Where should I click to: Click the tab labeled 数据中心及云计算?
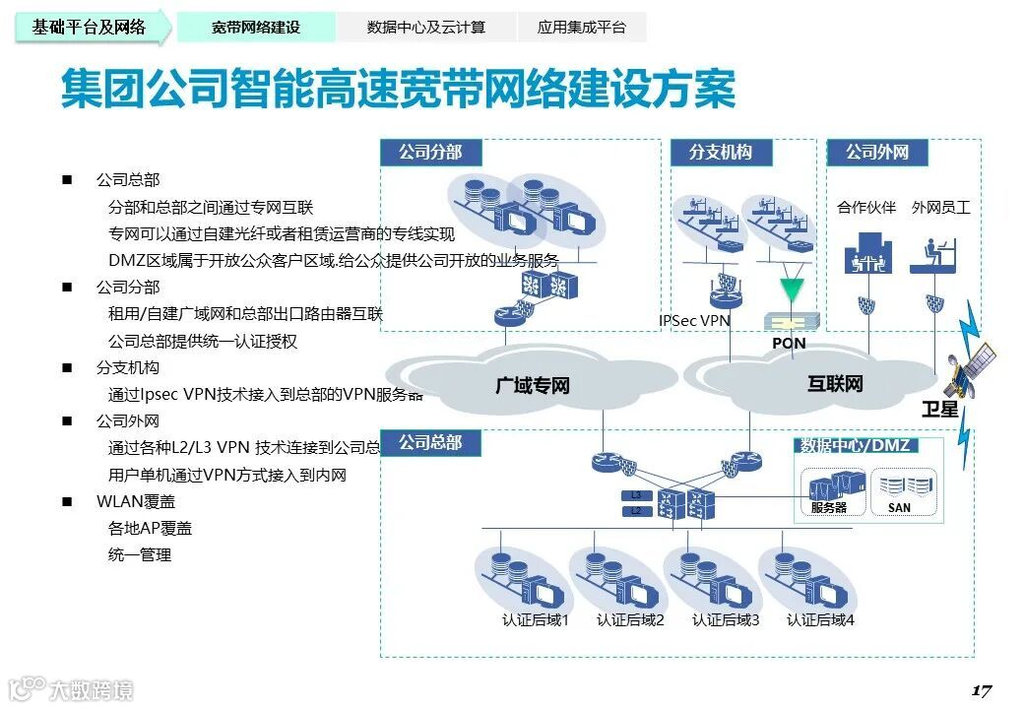point(425,28)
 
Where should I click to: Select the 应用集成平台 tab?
point(581,28)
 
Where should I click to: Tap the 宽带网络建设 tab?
point(255,28)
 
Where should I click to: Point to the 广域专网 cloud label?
point(532,385)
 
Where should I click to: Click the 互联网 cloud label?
point(835,383)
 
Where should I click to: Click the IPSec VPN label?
point(694,320)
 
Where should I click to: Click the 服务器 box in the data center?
point(828,491)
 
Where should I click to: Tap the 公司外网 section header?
point(876,152)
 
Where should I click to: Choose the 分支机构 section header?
point(720,152)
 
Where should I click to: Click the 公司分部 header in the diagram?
point(429,152)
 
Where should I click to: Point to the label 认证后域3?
point(726,619)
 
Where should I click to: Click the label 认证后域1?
point(536,619)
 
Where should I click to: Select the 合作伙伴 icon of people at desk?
point(866,252)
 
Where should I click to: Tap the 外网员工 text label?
point(940,207)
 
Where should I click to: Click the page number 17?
point(981,689)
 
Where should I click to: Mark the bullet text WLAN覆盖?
point(136,501)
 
